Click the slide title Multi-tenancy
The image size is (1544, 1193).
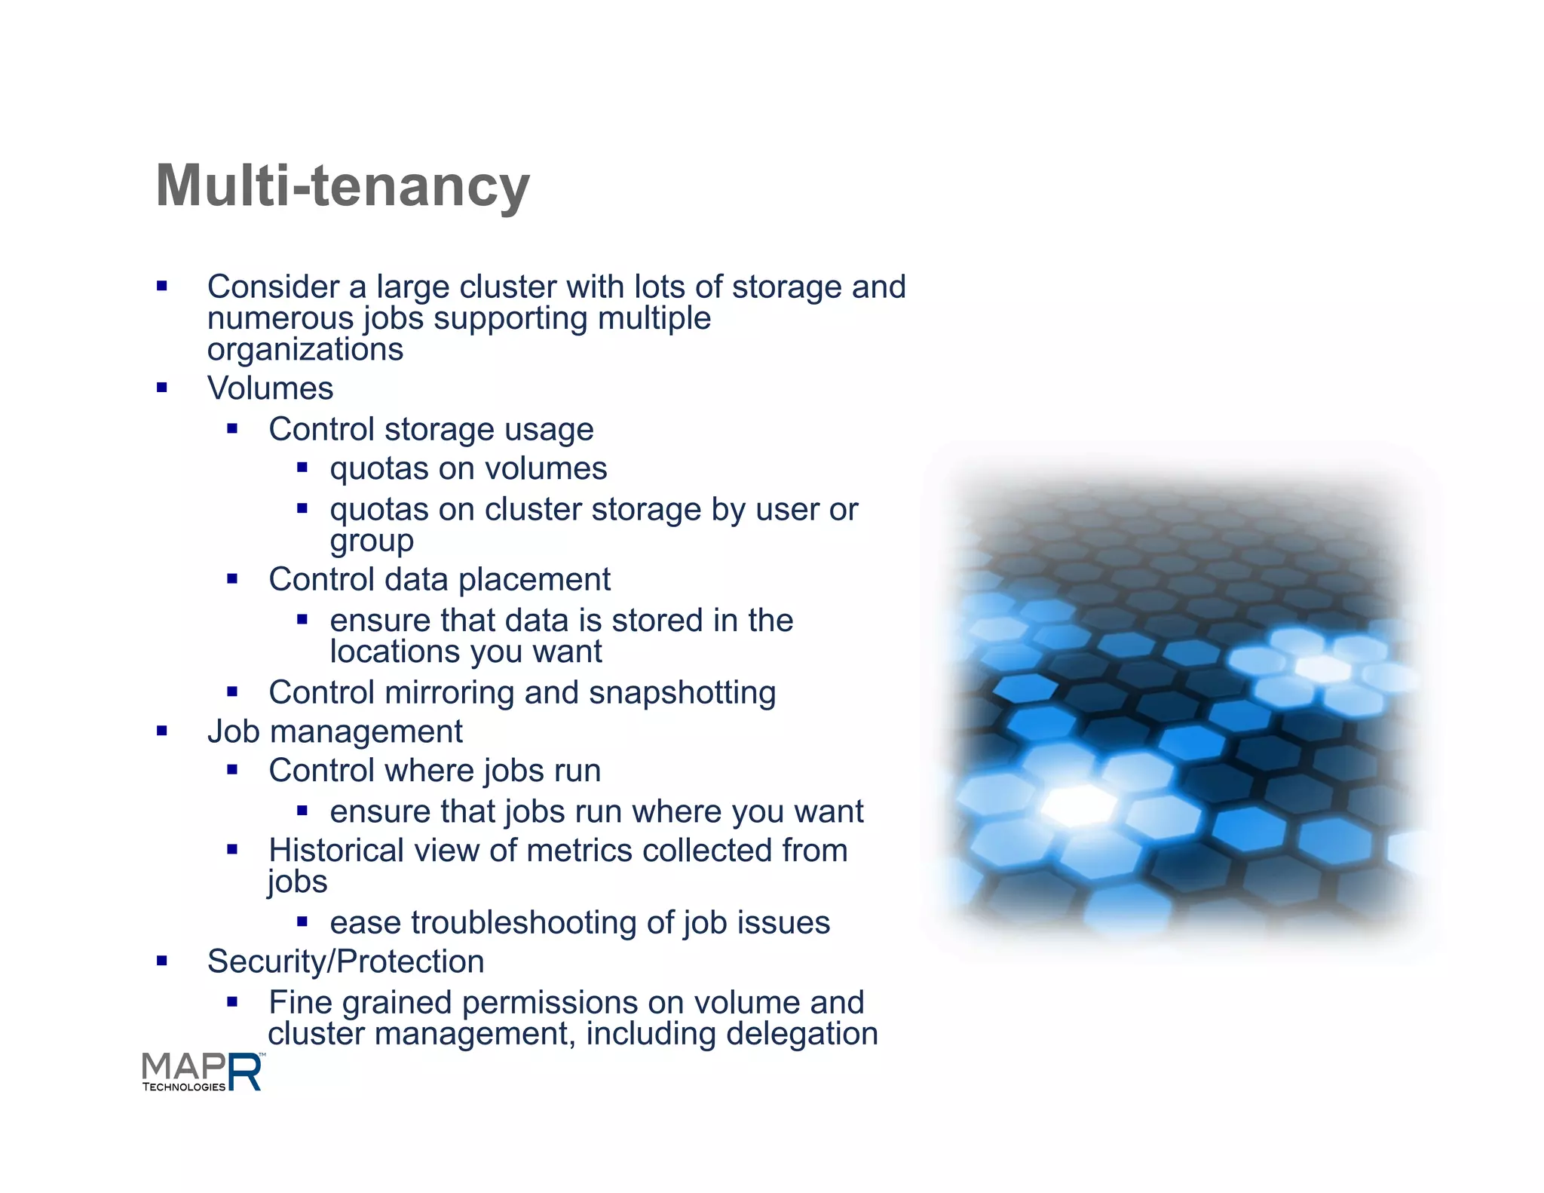point(343,186)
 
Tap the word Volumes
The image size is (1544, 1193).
point(270,388)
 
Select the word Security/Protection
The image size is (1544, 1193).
point(345,961)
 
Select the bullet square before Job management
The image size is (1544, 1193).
point(161,731)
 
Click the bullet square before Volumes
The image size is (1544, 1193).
point(161,388)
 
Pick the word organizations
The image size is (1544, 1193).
point(305,350)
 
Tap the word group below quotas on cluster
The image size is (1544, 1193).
point(372,541)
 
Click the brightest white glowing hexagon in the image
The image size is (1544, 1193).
point(1080,805)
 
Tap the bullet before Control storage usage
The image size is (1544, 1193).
point(232,429)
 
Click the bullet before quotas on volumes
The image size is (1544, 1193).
point(302,468)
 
